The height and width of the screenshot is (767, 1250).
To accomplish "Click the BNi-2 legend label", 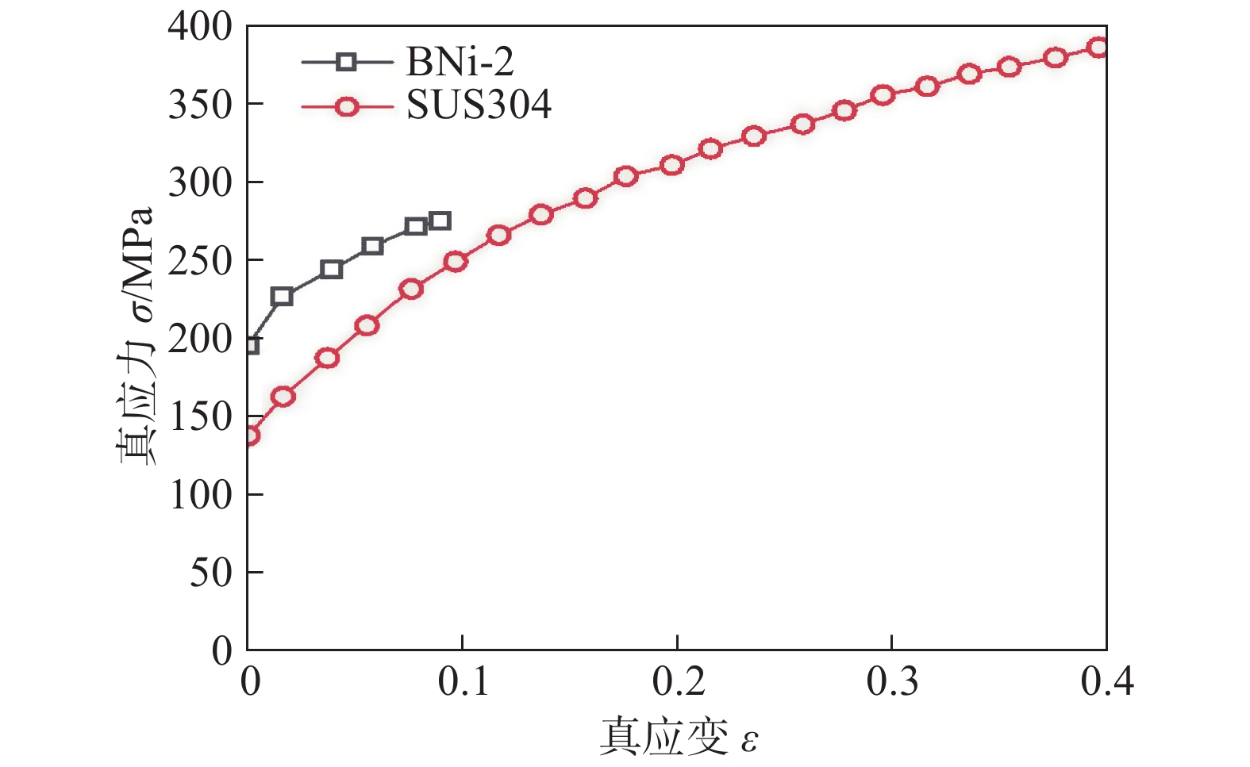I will click(460, 61).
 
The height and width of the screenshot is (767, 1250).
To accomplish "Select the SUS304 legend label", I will click(479, 105).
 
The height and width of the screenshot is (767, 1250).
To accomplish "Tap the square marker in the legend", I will click(346, 62).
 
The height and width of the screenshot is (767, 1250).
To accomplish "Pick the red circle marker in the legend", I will click(346, 106).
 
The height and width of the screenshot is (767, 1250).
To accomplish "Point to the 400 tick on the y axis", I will click(200, 27).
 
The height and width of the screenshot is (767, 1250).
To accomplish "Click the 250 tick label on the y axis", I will click(200, 260).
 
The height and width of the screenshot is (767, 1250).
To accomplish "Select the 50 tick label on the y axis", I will click(210, 572).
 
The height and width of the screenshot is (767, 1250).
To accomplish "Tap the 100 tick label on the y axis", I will click(200, 494).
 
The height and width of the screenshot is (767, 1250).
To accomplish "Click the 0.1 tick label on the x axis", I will click(463, 681).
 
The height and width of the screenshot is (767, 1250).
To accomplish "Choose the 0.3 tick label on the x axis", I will click(892, 681).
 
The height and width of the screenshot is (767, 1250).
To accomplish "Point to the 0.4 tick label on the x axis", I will click(1106, 681).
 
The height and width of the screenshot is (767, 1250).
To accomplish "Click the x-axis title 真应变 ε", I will click(679, 737).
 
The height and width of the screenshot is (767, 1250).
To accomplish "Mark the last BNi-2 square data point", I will click(440, 221).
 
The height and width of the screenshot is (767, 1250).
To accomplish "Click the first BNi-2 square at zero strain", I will click(249, 345).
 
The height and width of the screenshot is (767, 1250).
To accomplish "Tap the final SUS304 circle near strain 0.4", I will click(1098, 47).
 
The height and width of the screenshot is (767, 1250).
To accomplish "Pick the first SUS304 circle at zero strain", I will click(249, 435).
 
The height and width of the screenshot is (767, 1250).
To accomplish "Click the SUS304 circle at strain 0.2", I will click(672, 165).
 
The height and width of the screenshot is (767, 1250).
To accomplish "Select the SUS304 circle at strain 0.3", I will click(883, 95).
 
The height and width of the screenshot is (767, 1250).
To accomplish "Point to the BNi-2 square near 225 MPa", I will click(282, 297).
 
